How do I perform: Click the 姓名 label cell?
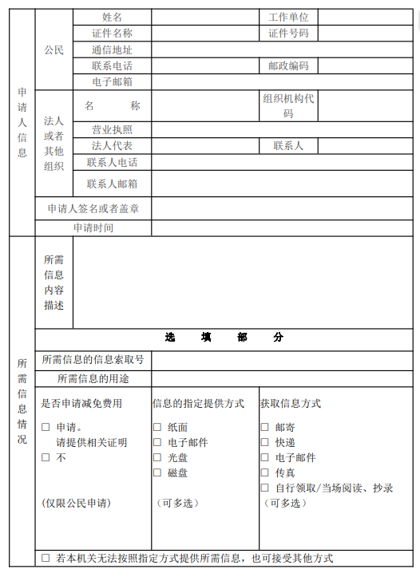click(113, 17)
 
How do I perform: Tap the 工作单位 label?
click(288, 17)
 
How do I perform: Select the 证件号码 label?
click(288, 33)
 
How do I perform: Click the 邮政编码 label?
click(288, 65)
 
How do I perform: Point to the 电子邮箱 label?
click(113, 81)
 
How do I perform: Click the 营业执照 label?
click(113, 129)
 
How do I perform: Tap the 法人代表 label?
click(113, 146)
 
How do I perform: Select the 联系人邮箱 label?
click(113, 184)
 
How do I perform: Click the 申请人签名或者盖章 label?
click(93, 209)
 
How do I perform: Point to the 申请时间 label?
click(93, 227)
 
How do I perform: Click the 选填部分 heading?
click(224, 338)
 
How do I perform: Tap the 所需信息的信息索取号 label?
click(93, 360)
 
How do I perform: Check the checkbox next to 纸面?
click(157, 428)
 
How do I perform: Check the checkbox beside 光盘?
click(157, 458)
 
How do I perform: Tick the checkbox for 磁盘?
click(157, 473)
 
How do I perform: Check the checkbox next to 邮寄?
click(264, 428)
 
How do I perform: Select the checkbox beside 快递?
click(264, 443)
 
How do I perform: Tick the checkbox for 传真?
click(264, 473)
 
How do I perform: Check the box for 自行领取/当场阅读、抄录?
click(264, 488)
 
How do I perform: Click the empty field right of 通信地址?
click(282, 49)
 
